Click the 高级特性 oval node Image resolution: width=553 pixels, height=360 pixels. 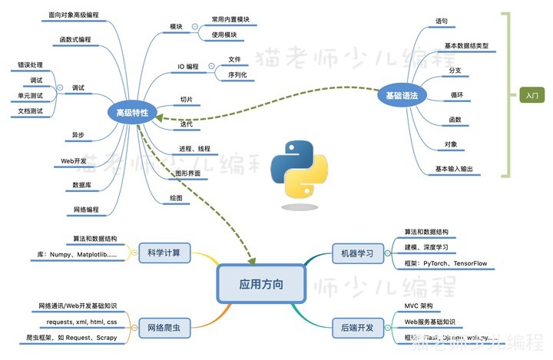(132, 114)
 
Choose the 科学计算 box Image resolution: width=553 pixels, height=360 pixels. (164, 252)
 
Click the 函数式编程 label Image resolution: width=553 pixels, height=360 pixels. (75, 39)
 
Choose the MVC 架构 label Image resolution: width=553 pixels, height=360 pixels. (422, 306)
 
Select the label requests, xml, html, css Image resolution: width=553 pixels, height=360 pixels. (82, 322)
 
